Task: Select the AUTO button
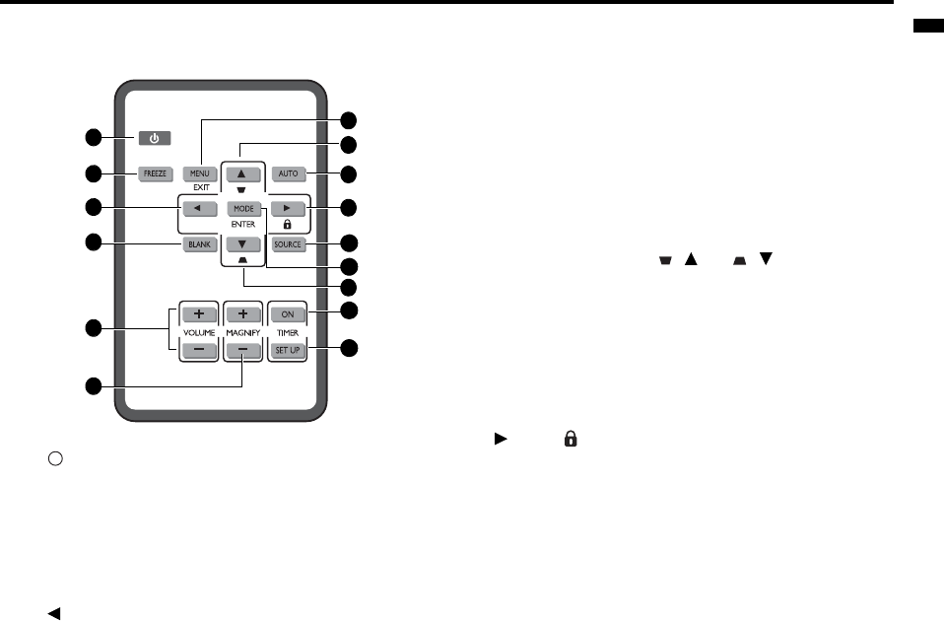[x=288, y=173]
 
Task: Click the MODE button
[x=243, y=209]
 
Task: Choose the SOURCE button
[x=288, y=244]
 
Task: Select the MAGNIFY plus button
[x=243, y=314]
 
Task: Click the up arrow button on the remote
[x=243, y=173]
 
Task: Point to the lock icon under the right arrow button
[x=287, y=225]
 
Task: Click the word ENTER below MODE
[x=243, y=225]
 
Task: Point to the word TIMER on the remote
[x=288, y=333]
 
